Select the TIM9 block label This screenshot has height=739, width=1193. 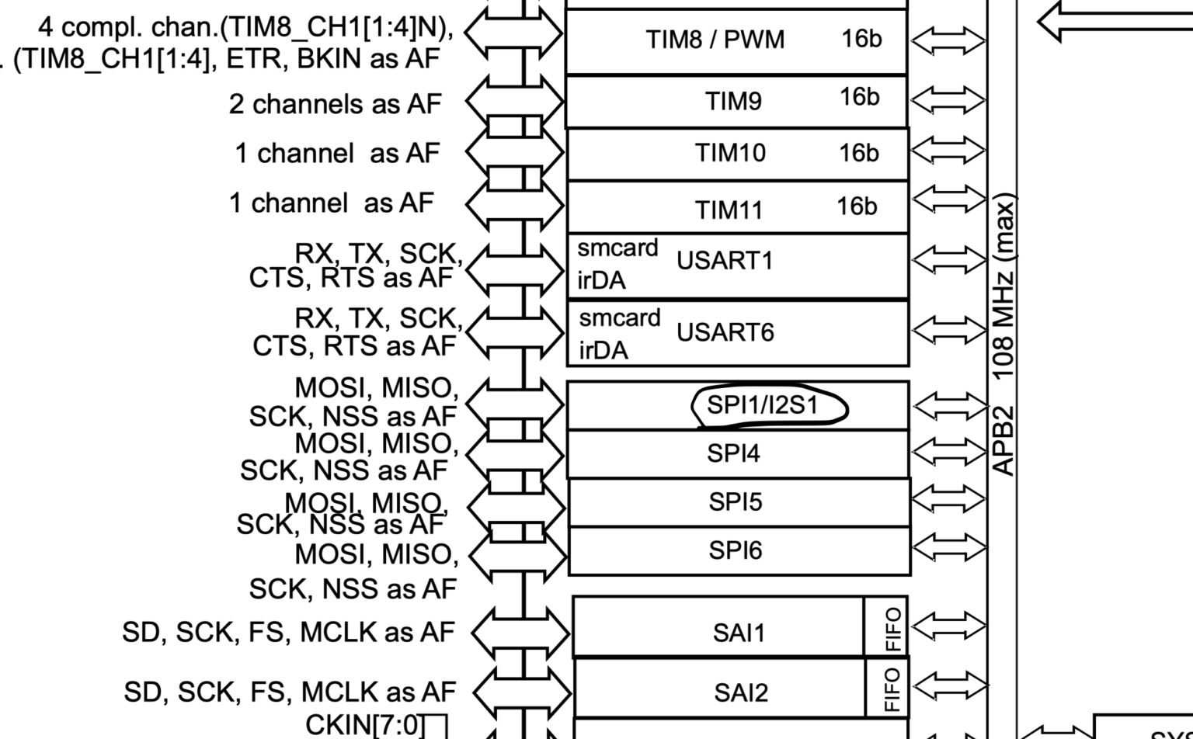coord(733,101)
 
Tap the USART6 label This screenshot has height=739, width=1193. coord(725,332)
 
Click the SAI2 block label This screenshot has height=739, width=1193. coord(740,692)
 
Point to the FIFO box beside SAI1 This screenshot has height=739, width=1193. coord(893,629)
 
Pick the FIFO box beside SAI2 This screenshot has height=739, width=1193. coord(893,689)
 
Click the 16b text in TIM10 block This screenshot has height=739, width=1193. coord(858,153)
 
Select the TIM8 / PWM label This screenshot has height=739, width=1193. coord(715,39)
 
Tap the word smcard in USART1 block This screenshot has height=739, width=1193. coord(617,248)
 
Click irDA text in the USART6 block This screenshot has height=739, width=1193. coord(603,351)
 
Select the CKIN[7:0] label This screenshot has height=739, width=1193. coord(365,725)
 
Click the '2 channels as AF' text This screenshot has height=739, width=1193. coord(335,104)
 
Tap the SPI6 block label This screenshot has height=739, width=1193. coord(735,550)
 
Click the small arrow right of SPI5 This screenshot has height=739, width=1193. coord(949,500)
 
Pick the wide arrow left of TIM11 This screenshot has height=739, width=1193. coord(514,203)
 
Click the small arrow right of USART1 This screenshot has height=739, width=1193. coord(949,260)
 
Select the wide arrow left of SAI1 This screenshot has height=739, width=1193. coord(520,630)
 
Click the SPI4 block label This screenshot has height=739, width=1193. coord(732,453)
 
